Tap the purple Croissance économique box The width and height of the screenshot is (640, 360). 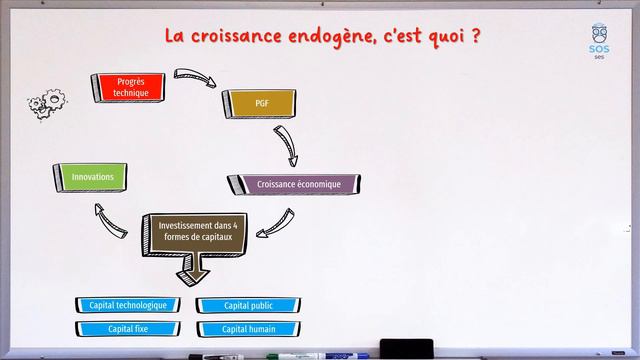298,184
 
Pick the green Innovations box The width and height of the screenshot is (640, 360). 93,178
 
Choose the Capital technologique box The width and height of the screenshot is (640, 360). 128,305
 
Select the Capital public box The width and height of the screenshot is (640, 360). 250,305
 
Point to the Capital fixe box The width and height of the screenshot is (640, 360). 128,328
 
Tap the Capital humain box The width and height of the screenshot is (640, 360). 250,328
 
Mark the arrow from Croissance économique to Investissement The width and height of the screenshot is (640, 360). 275,224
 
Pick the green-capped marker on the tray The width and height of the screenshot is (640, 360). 290,355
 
